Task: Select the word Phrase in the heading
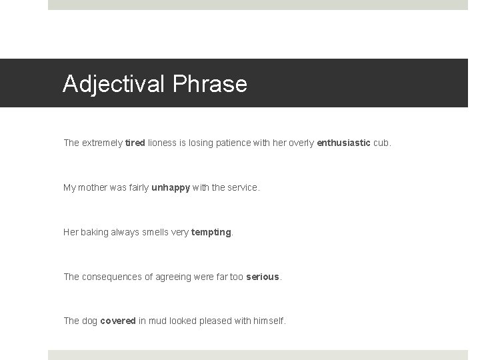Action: click(x=210, y=84)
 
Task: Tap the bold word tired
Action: click(x=134, y=143)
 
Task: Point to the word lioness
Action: click(x=162, y=143)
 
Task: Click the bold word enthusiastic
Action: click(x=343, y=143)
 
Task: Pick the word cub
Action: click(x=383, y=143)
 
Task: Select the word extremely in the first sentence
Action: click(x=102, y=143)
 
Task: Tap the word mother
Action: click(x=94, y=187)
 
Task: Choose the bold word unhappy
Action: click(x=171, y=187)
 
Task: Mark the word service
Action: click(x=242, y=187)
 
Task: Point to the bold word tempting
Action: click(x=211, y=232)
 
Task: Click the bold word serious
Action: click(x=263, y=277)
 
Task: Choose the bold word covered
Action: click(x=118, y=321)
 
